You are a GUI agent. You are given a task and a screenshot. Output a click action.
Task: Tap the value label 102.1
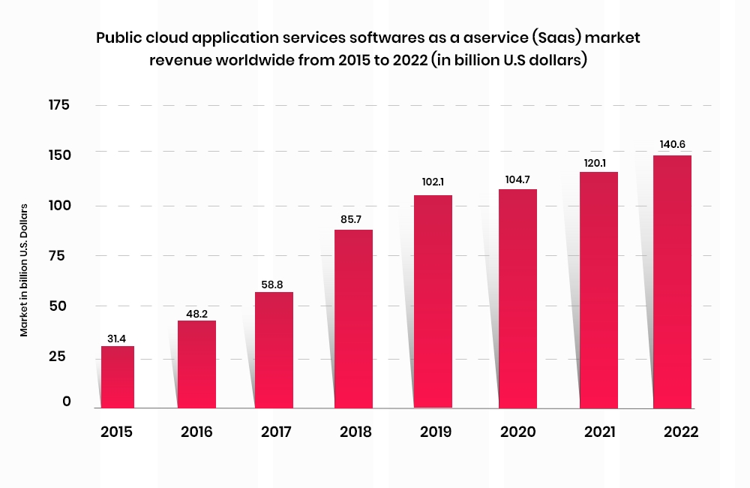(x=433, y=184)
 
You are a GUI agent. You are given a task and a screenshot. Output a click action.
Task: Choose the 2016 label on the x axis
(x=196, y=432)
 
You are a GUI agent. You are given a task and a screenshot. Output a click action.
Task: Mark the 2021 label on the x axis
(x=598, y=432)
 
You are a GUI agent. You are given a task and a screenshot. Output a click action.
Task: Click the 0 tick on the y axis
(x=67, y=402)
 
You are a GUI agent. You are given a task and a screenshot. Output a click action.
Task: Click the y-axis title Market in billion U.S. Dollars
(x=24, y=270)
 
